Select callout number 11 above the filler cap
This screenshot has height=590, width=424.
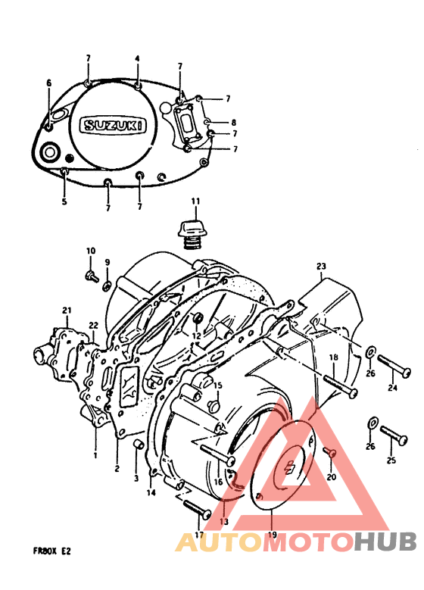tap(195, 201)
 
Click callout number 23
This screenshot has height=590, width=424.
tap(320, 266)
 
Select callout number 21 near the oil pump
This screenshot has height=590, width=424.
tap(67, 311)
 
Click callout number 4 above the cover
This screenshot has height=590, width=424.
tap(137, 58)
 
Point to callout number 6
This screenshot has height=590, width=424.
tap(48, 83)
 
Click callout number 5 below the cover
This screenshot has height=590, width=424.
tap(64, 201)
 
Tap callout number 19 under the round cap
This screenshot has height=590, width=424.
tap(272, 533)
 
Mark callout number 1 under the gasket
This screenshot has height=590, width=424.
tap(95, 455)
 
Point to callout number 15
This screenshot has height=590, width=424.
tap(217, 386)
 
